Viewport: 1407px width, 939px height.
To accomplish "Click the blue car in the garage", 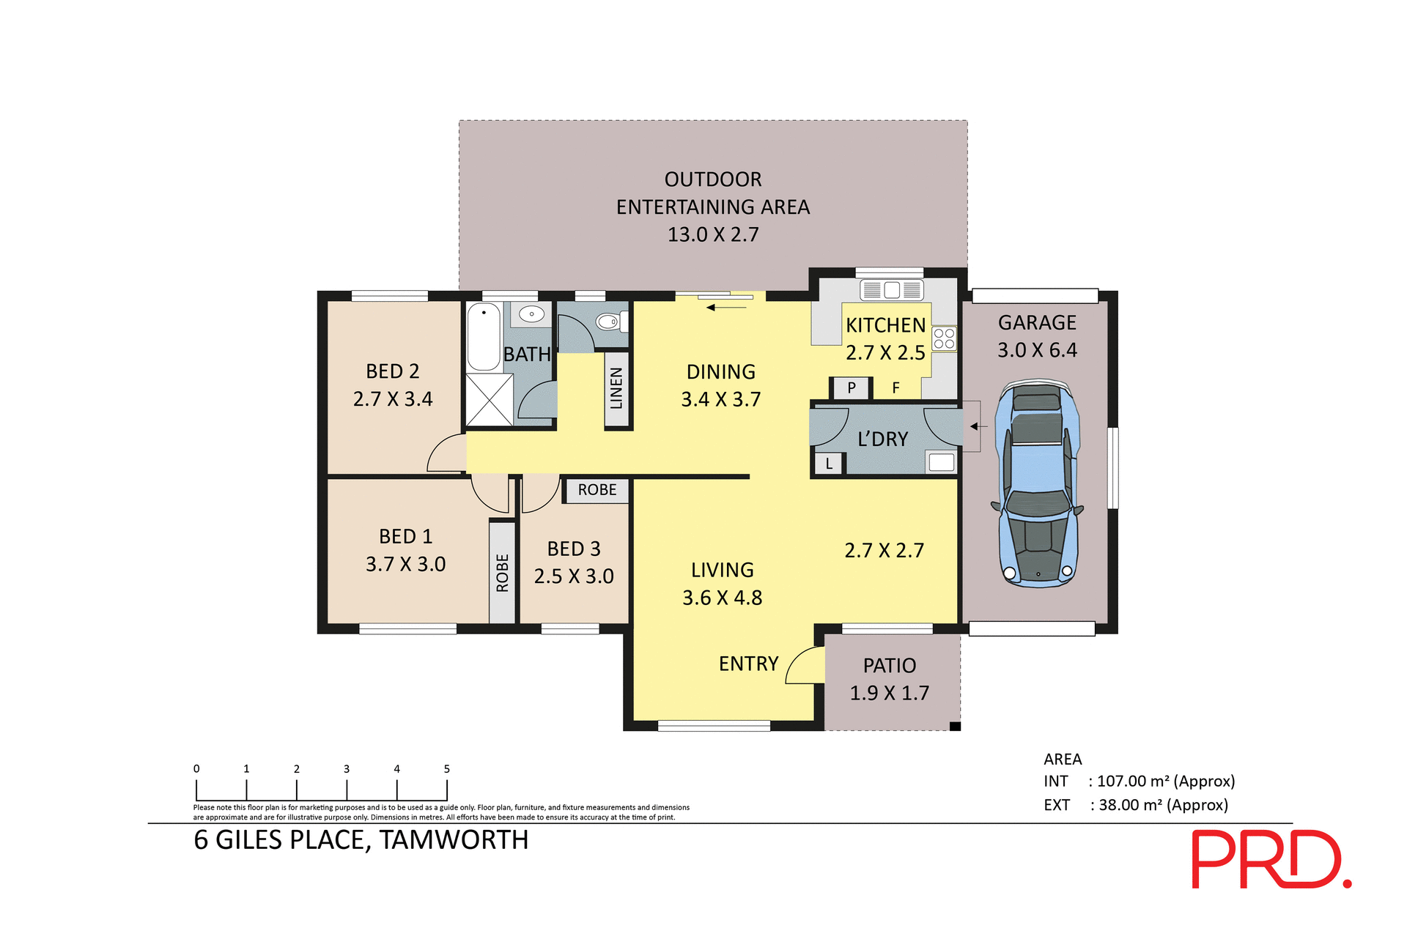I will coord(1037,483).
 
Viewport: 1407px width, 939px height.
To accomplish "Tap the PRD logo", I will coord(1271,859).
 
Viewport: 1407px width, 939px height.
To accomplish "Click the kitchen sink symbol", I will coord(891,290).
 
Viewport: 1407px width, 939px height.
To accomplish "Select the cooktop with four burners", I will coord(944,338).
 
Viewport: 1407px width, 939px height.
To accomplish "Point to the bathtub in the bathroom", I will coord(484,337).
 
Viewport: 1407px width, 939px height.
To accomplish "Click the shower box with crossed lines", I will coord(490,399).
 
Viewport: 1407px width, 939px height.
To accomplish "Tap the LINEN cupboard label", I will coord(616,388).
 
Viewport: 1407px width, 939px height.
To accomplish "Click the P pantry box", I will coord(851,387).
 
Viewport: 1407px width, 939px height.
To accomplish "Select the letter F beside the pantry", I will coord(895,388).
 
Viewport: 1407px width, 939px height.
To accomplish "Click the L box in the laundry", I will coord(829,464).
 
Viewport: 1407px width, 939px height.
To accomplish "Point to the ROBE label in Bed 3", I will coord(597,490).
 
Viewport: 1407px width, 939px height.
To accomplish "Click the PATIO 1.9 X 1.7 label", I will coord(889,679).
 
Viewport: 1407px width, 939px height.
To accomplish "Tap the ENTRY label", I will coord(748,664).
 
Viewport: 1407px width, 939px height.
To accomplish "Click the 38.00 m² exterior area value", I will coord(1163,805).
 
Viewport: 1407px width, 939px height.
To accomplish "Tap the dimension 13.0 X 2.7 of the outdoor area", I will coord(712,234).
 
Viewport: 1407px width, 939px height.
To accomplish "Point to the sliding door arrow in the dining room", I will coord(726,308).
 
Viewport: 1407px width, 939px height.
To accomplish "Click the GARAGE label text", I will coord(1037,323).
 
